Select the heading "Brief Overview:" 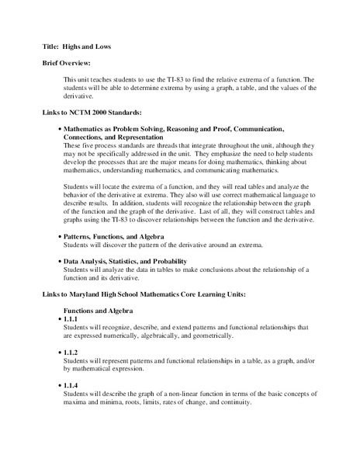point(68,63)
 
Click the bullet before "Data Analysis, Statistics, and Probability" point(60,262)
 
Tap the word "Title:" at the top point(51,47)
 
